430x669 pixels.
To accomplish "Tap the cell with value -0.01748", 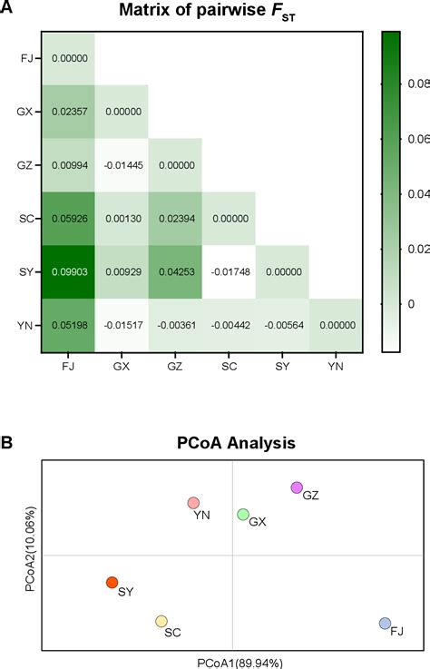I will tap(229, 272).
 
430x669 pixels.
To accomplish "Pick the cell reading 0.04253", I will tap(175, 272).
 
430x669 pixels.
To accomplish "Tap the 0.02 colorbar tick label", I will tap(408, 249).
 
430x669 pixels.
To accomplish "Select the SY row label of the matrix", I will tap(27, 272).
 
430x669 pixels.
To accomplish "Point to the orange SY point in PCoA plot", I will tap(112, 583).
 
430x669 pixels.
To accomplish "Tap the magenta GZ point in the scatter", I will tap(296, 488).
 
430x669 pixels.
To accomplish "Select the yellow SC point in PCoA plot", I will tap(161, 622).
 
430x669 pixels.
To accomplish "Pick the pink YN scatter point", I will tap(193, 503).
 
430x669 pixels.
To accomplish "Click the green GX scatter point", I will tap(243, 515).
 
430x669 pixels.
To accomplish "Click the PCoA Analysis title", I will tap(233, 445).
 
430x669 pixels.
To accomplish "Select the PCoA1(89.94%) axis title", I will tap(233, 662).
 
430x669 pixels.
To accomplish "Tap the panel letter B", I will tap(7, 444).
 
